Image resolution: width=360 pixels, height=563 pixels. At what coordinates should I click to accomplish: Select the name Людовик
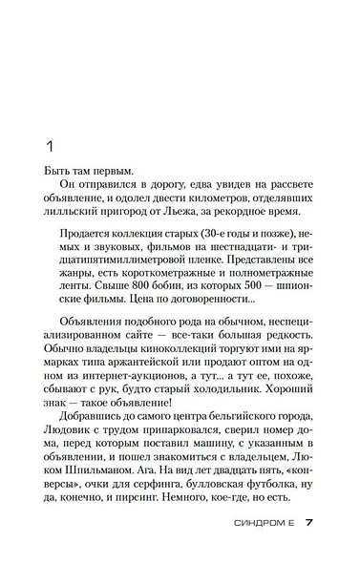click(71, 430)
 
